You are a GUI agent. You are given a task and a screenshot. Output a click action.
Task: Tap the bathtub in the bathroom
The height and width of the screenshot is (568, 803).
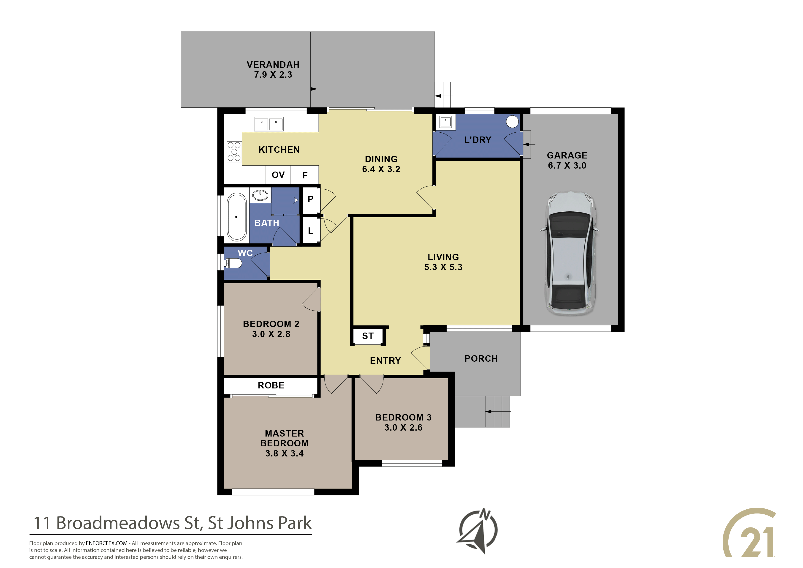(x=237, y=217)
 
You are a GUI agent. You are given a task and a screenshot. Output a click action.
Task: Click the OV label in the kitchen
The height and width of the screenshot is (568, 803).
(x=278, y=175)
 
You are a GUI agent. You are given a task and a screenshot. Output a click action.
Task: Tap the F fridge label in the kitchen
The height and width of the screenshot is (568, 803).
(x=305, y=175)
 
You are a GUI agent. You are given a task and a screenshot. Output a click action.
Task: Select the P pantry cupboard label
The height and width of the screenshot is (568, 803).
(x=310, y=199)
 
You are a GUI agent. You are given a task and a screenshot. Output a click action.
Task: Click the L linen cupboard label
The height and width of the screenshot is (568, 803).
(x=310, y=231)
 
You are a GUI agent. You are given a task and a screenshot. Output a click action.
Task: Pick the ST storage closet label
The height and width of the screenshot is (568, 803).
(x=368, y=336)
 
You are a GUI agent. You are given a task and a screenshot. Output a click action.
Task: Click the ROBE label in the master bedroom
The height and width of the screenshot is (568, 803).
(x=271, y=385)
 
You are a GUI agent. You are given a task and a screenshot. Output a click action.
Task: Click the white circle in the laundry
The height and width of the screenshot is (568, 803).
(x=512, y=122)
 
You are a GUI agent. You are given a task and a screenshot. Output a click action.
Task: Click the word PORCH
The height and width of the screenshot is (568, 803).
(x=481, y=359)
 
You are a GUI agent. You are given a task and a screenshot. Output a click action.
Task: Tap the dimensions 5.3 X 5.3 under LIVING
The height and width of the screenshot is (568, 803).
(x=443, y=267)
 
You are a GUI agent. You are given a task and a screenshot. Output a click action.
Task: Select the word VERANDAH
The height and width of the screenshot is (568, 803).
(x=273, y=65)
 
